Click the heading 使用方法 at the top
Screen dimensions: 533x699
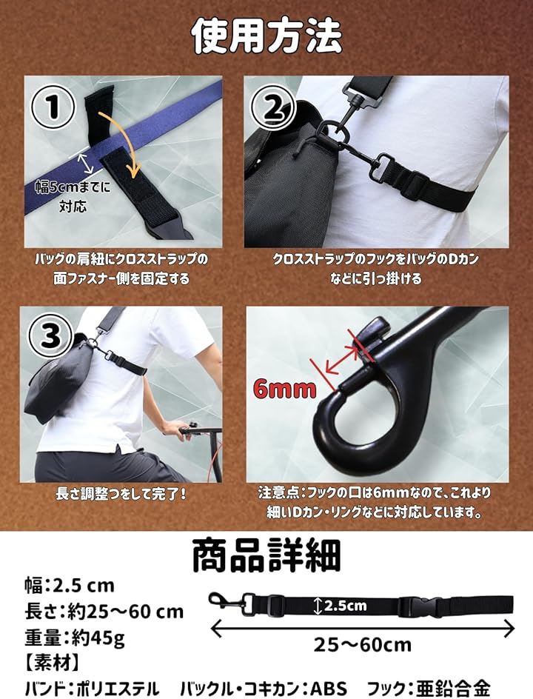[x=266, y=36]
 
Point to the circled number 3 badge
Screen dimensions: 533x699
[x=50, y=335]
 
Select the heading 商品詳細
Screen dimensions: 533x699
[x=266, y=555]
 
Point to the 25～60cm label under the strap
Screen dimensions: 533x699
[x=362, y=645]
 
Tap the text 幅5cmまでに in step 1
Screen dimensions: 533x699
[x=73, y=187]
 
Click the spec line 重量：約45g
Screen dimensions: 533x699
[x=75, y=638]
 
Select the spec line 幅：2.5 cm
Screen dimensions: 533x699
[x=70, y=585]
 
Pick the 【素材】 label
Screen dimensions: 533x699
[x=52, y=663]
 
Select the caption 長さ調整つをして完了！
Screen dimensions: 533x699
[x=121, y=494]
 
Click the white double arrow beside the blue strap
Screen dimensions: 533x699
[x=86, y=163]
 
